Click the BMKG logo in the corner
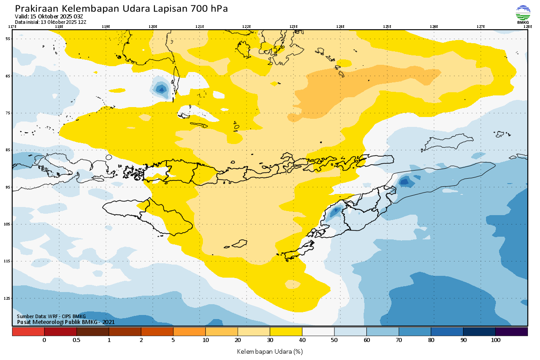click(x=523, y=15)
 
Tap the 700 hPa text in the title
click(x=209, y=9)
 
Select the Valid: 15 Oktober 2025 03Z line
click(x=49, y=16)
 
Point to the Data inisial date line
click(x=50, y=22)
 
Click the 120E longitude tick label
click(x=153, y=27)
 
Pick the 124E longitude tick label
click(x=340, y=27)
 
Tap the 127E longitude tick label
click(x=481, y=27)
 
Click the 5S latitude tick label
click(x=8, y=39)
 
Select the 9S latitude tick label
click(x=8, y=187)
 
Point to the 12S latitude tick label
click(x=8, y=298)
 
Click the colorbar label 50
click(x=334, y=341)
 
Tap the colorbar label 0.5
click(x=76, y=341)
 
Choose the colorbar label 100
click(x=495, y=341)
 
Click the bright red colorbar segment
click(x=28, y=332)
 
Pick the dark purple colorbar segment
click(x=511, y=332)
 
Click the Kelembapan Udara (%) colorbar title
click(x=270, y=351)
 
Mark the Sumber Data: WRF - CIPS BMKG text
click(x=51, y=316)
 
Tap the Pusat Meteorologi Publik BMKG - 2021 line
click(x=66, y=322)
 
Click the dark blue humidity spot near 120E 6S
click(x=162, y=89)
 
